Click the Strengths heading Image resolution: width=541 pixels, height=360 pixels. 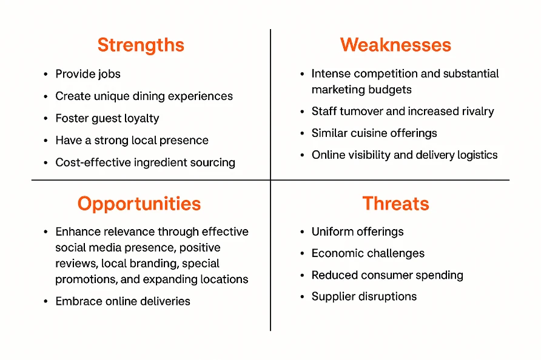point(141,45)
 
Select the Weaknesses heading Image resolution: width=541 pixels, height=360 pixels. point(395,45)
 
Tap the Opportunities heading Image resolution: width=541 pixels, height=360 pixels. point(139,204)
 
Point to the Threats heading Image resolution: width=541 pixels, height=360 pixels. point(396,204)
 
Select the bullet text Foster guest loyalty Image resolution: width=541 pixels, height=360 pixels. point(107,119)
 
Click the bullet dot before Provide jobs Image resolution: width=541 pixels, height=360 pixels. point(45,75)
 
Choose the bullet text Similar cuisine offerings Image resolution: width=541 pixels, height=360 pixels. point(374,133)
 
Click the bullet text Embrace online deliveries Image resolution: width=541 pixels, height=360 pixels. point(123,301)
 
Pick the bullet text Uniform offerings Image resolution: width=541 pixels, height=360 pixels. point(357,232)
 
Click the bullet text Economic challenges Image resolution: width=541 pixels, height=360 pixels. point(368,254)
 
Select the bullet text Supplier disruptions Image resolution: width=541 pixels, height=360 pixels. point(364,297)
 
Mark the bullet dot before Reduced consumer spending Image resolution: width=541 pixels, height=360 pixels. point(302,276)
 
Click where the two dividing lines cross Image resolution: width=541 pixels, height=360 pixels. point(270,180)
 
